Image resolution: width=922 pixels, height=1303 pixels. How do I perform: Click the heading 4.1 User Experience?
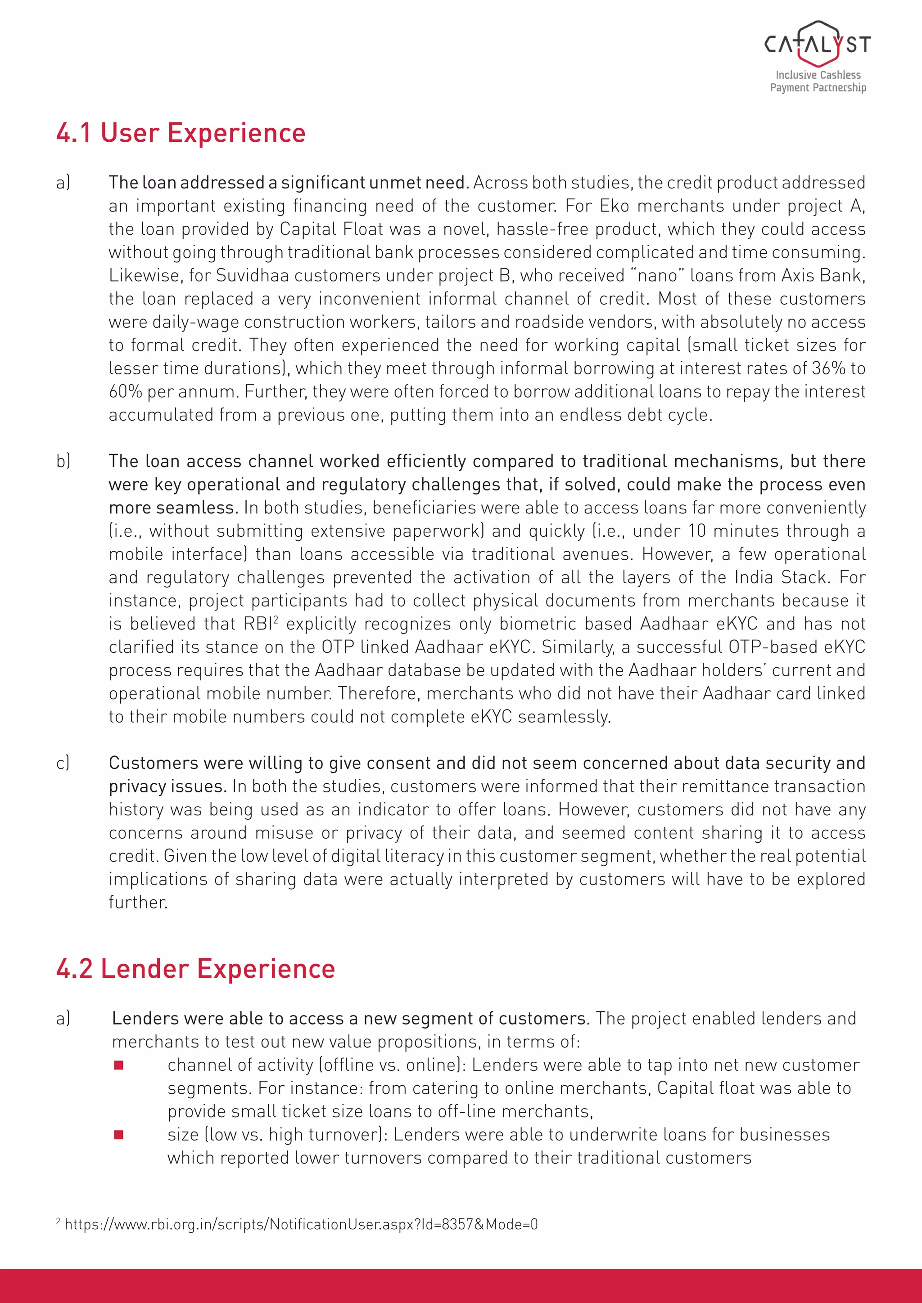click(181, 133)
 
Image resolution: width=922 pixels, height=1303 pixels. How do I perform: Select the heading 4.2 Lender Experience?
click(195, 969)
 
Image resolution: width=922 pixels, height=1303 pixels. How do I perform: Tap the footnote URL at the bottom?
click(301, 1224)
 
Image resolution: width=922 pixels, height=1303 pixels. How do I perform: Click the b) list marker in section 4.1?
click(63, 461)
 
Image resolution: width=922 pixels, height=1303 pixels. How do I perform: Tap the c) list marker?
click(63, 763)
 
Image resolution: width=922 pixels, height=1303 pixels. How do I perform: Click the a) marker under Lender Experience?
click(63, 1019)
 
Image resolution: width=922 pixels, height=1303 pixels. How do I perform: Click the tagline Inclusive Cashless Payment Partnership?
click(818, 81)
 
